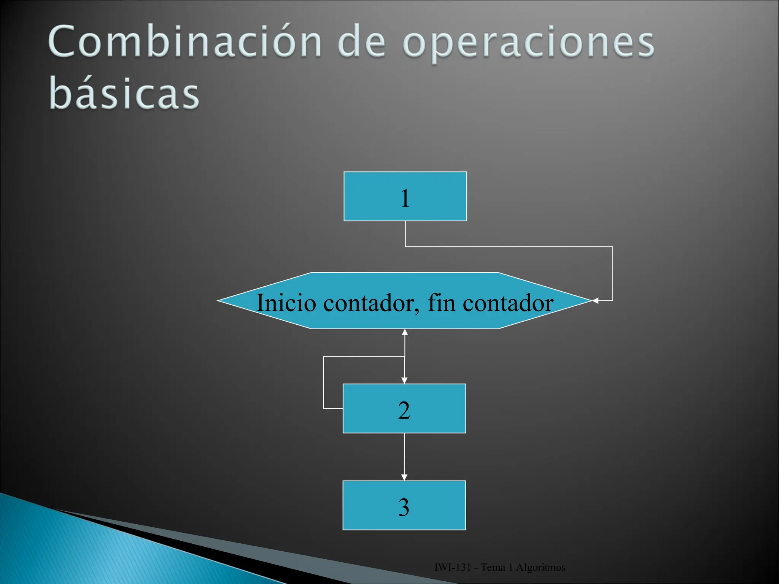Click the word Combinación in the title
185,42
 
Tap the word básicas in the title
124,93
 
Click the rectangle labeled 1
405,197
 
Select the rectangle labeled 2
404,409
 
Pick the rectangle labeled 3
404,505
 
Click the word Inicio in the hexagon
286,303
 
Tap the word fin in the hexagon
441,303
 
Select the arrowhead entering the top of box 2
404,380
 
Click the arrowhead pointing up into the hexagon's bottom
405,333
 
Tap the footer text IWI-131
453,568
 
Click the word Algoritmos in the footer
541,568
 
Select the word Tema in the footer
493,568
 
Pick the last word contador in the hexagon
508,303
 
